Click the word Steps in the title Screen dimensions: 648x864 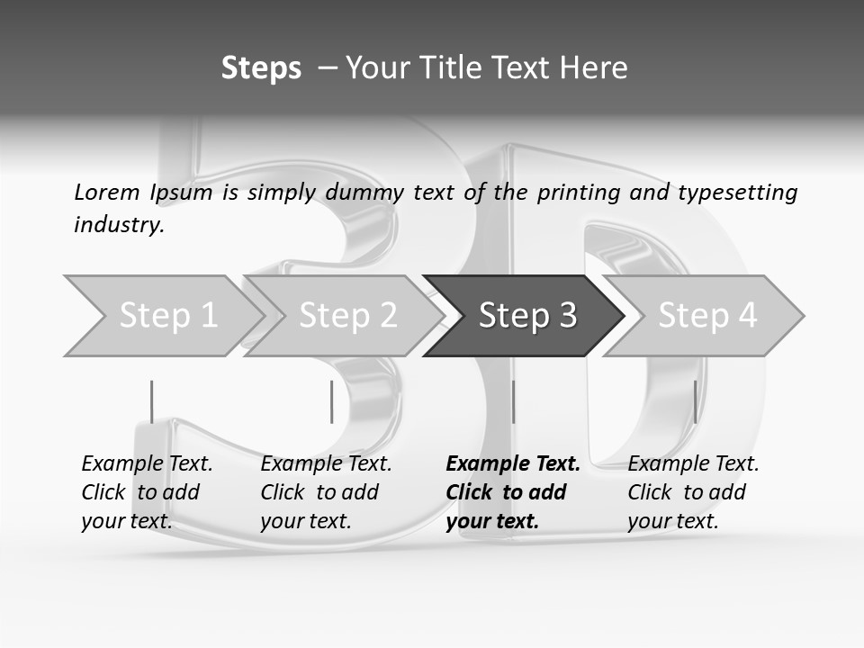coord(261,68)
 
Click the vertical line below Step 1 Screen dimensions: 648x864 coord(151,401)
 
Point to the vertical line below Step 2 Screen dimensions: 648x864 coord(331,401)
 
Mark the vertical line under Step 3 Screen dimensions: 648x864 coord(513,401)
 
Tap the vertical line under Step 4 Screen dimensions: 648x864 coord(695,401)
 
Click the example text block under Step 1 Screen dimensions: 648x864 coord(147,492)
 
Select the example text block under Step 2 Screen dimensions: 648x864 coord(326,492)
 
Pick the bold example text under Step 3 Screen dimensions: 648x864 coord(513,492)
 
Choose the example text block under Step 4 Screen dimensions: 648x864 coord(693,492)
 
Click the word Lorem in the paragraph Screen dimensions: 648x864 coord(107,193)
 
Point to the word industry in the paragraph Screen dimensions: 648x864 coord(119,225)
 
